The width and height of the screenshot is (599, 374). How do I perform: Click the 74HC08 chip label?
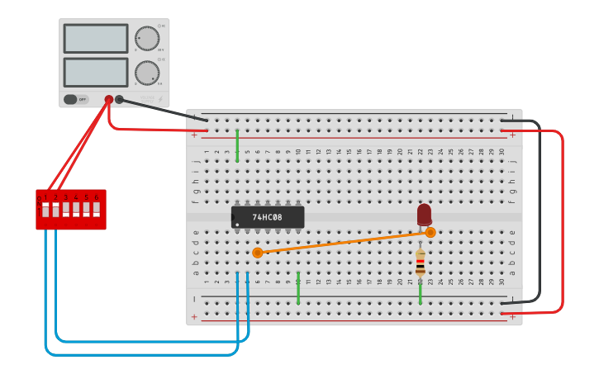point(267,217)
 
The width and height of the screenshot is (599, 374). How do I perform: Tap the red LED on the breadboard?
point(424,214)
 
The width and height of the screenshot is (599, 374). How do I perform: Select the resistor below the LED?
point(420,263)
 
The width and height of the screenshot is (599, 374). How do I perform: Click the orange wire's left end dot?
point(257,253)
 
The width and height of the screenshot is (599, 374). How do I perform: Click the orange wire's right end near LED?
point(430,233)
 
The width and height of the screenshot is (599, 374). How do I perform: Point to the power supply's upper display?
point(96,39)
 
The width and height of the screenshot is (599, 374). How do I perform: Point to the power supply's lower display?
point(96,72)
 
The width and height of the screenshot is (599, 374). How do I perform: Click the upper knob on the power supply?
point(147,38)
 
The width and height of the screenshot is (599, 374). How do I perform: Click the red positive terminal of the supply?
point(109,99)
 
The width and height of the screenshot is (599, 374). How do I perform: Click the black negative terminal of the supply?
point(119,99)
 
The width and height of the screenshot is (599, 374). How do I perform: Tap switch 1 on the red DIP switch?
point(46,209)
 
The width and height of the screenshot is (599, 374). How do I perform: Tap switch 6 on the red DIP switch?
point(96,209)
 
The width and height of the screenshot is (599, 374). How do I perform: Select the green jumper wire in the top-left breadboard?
point(237,144)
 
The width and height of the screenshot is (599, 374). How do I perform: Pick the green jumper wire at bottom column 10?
point(298,287)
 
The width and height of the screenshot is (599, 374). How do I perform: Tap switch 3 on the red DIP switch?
point(66,209)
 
